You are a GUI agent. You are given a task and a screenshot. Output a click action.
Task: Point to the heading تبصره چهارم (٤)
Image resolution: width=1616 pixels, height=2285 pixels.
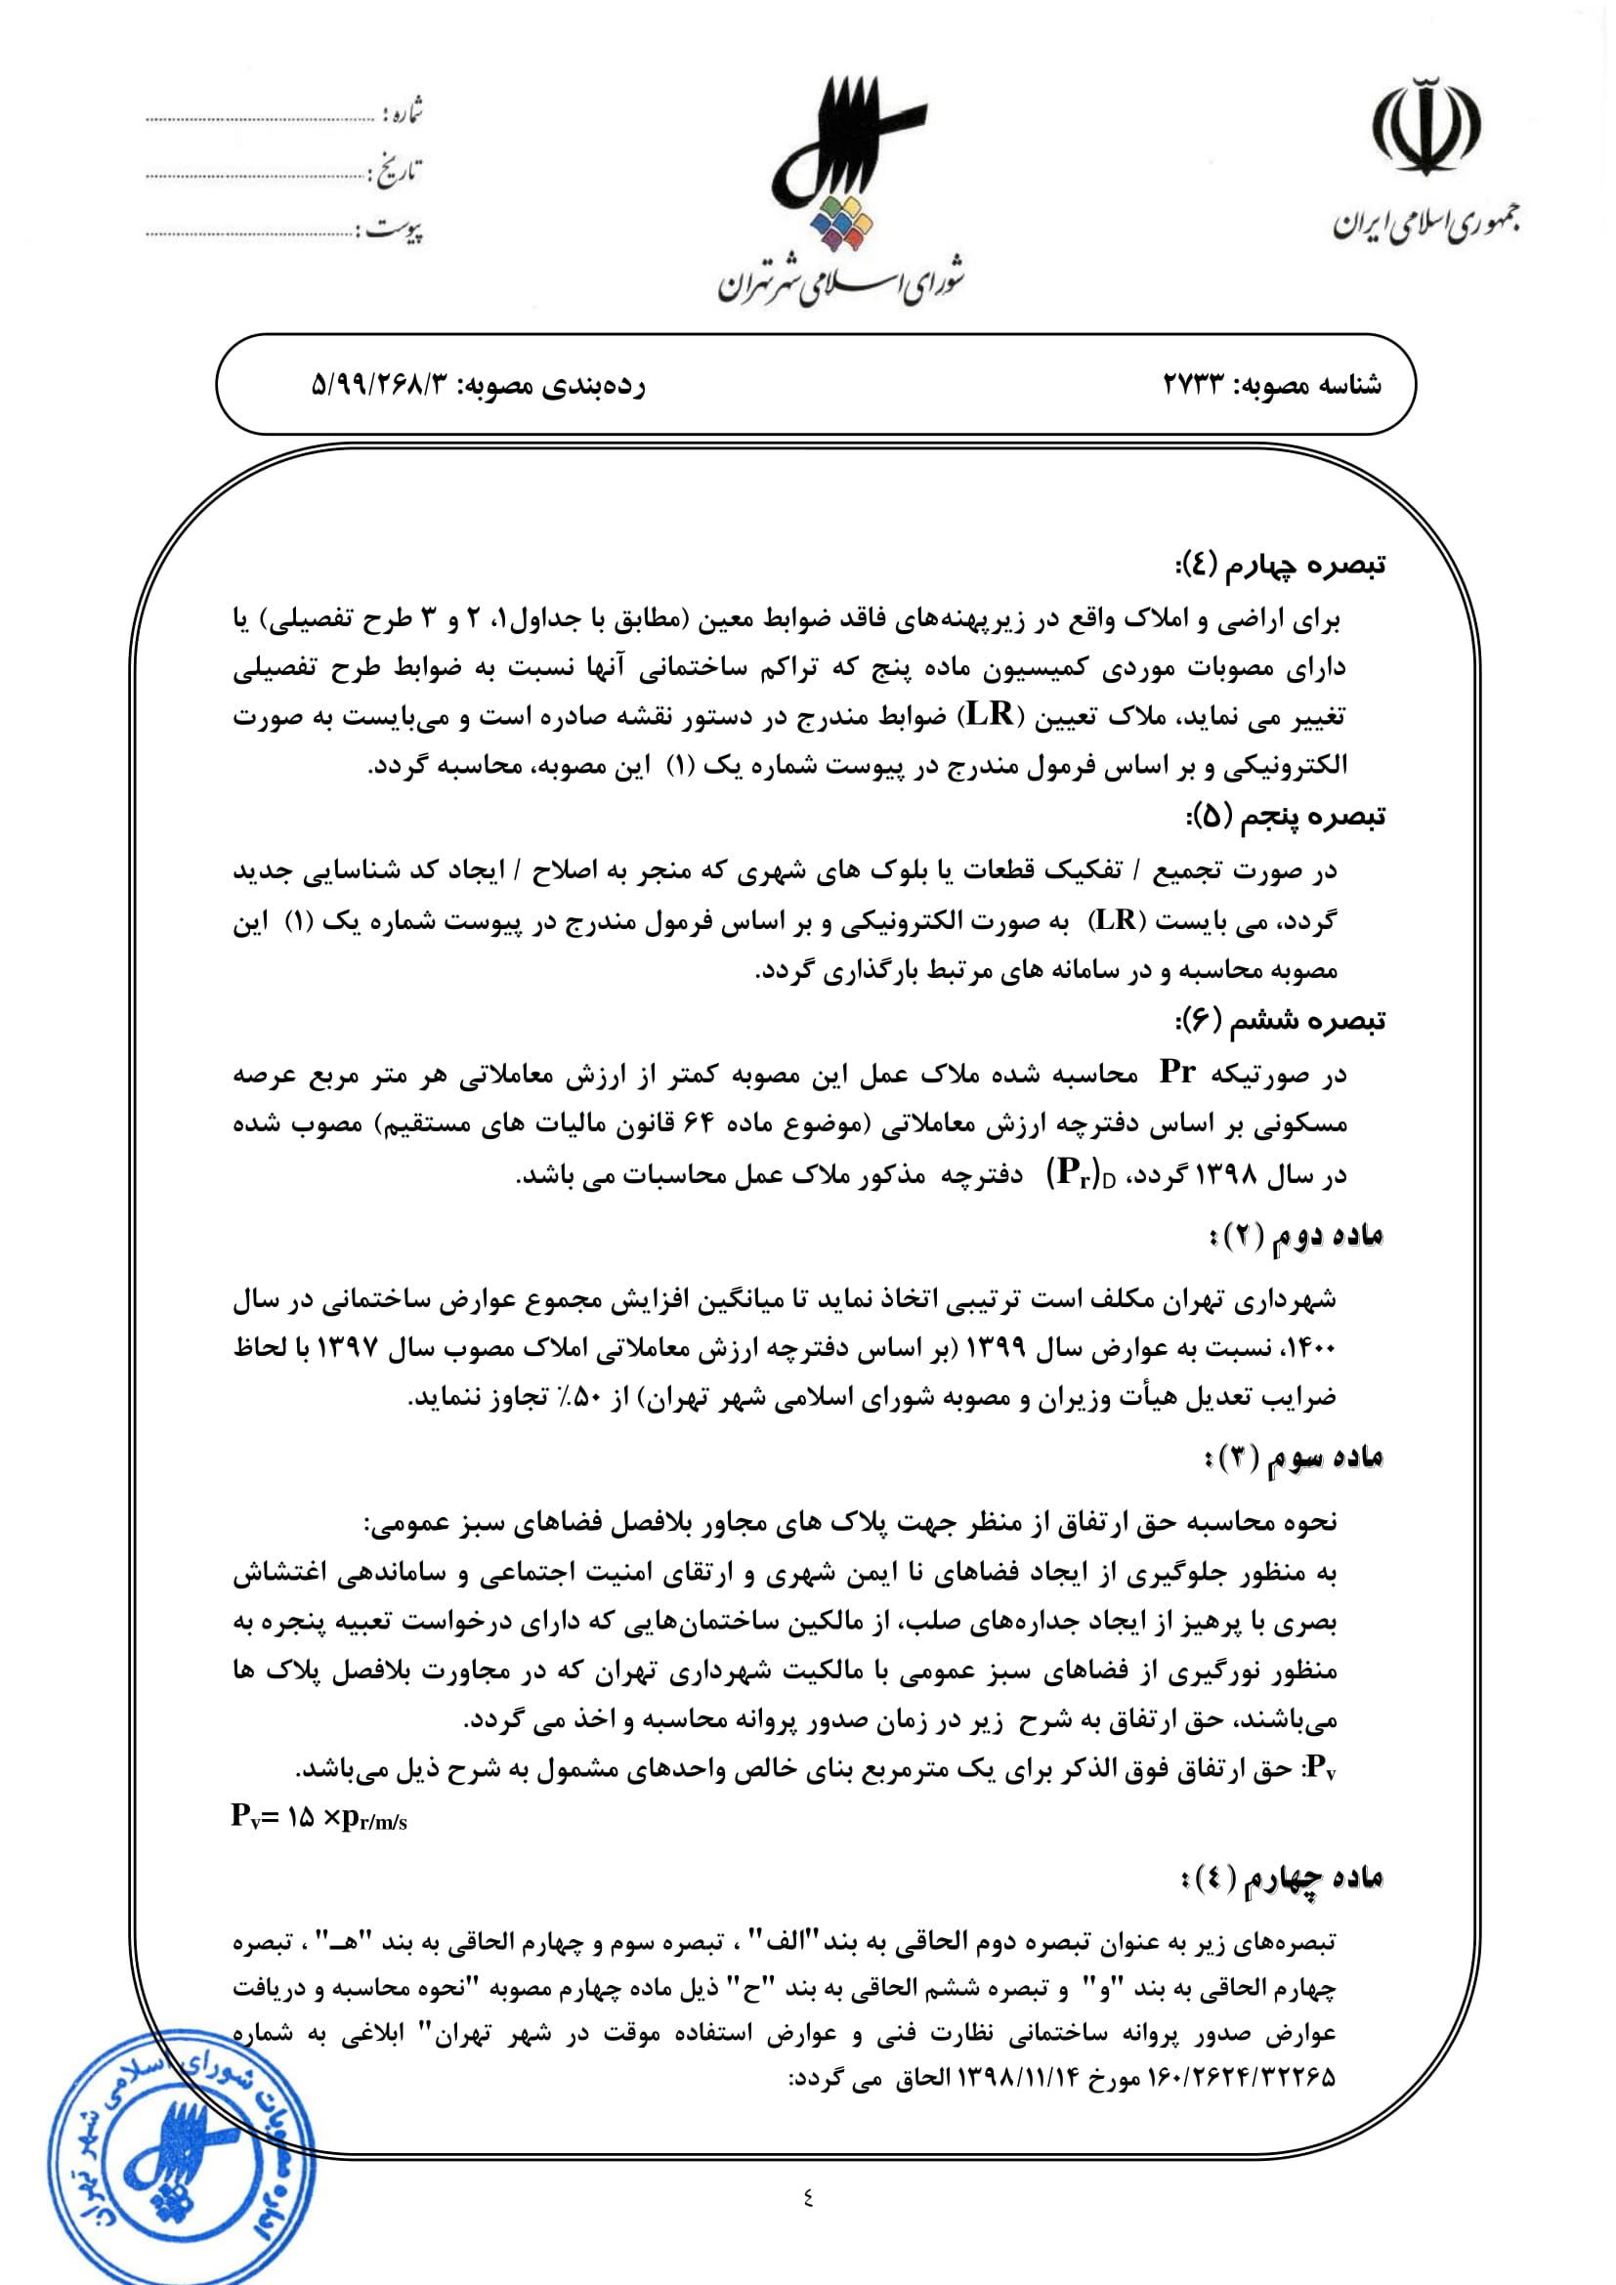tap(1280, 566)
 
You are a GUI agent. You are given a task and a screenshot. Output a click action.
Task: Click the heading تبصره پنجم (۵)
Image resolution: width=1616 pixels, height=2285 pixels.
tap(1285, 817)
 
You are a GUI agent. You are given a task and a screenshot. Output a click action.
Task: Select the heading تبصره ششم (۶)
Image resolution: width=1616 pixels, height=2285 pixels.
tap(1281, 1020)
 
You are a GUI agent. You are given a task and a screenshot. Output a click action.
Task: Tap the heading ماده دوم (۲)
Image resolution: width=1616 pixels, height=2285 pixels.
tap(1295, 1236)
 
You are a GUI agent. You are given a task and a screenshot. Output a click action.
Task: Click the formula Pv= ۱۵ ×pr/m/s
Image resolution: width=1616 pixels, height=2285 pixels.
tap(319, 1816)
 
